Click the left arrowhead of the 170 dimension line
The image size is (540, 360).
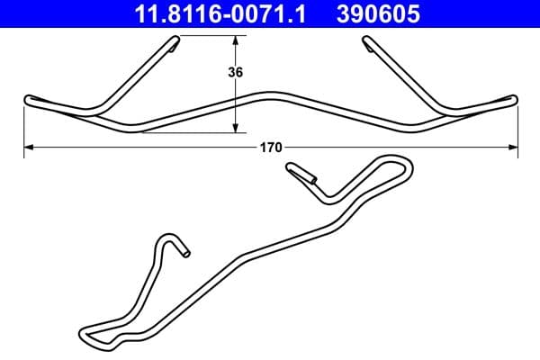click(27, 146)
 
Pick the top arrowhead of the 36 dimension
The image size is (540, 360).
click(237, 40)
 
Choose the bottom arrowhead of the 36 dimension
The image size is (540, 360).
click(237, 129)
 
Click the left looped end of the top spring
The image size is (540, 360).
click(29, 99)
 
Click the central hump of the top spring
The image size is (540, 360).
click(270, 94)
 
